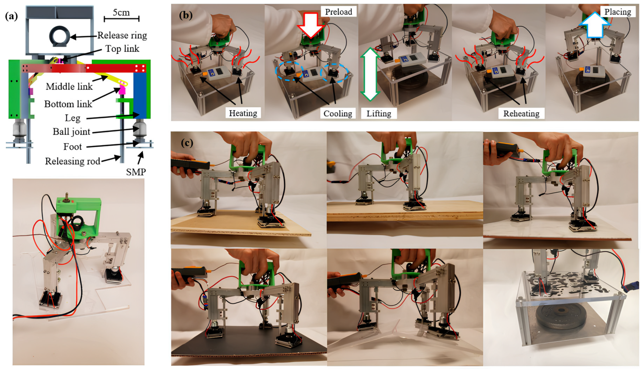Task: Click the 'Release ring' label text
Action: tap(122, 35)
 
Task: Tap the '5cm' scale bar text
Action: tap(121, 12)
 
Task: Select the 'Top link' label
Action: tap(122, 49)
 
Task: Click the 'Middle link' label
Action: tap(69, 87)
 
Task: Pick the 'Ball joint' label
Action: tap(71, 132)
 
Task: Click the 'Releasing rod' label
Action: tap(73, 161)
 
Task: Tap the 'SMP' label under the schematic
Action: tap(136, 172)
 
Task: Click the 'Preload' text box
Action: tap(339, 12)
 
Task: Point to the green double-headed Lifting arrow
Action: tap(370, 74)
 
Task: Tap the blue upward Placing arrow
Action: tap(595, 25)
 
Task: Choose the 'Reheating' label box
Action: tap(521, 114)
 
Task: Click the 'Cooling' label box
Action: tap(338, 114)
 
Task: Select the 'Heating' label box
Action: tap(243, 113)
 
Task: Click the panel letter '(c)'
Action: tap(187, 143)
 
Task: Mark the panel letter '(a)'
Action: tap(12, 16)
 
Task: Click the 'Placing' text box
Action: tap(618, 12)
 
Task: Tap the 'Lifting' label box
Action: tap(379, 114)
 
